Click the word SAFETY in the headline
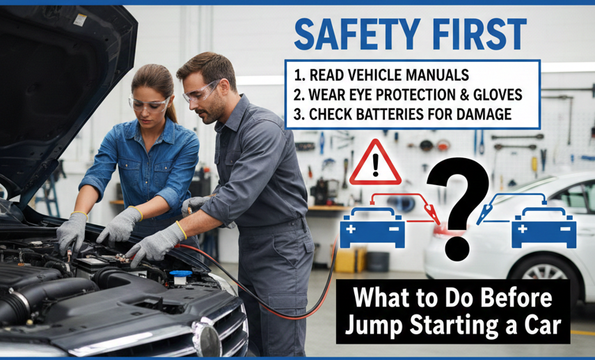pyautogui.click(x=357, y=35)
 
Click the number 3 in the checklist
pyautogui.click(x=299, y=114)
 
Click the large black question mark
pyautogui.click(x=459, y=209)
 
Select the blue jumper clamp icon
pyautogui.click(x=484, y=214)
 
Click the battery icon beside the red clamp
pyautogui.click(x=372, y=228)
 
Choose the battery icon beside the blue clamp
pyautogui.click(x=544, y=228)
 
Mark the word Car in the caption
pyautogui.click(x=542, y=325)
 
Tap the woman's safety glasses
pyautogui.click(x=149, y=104)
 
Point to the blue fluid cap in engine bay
pyautogui.click(x=181, y=274)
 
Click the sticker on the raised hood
pyautogui.click(x=80, y=20)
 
